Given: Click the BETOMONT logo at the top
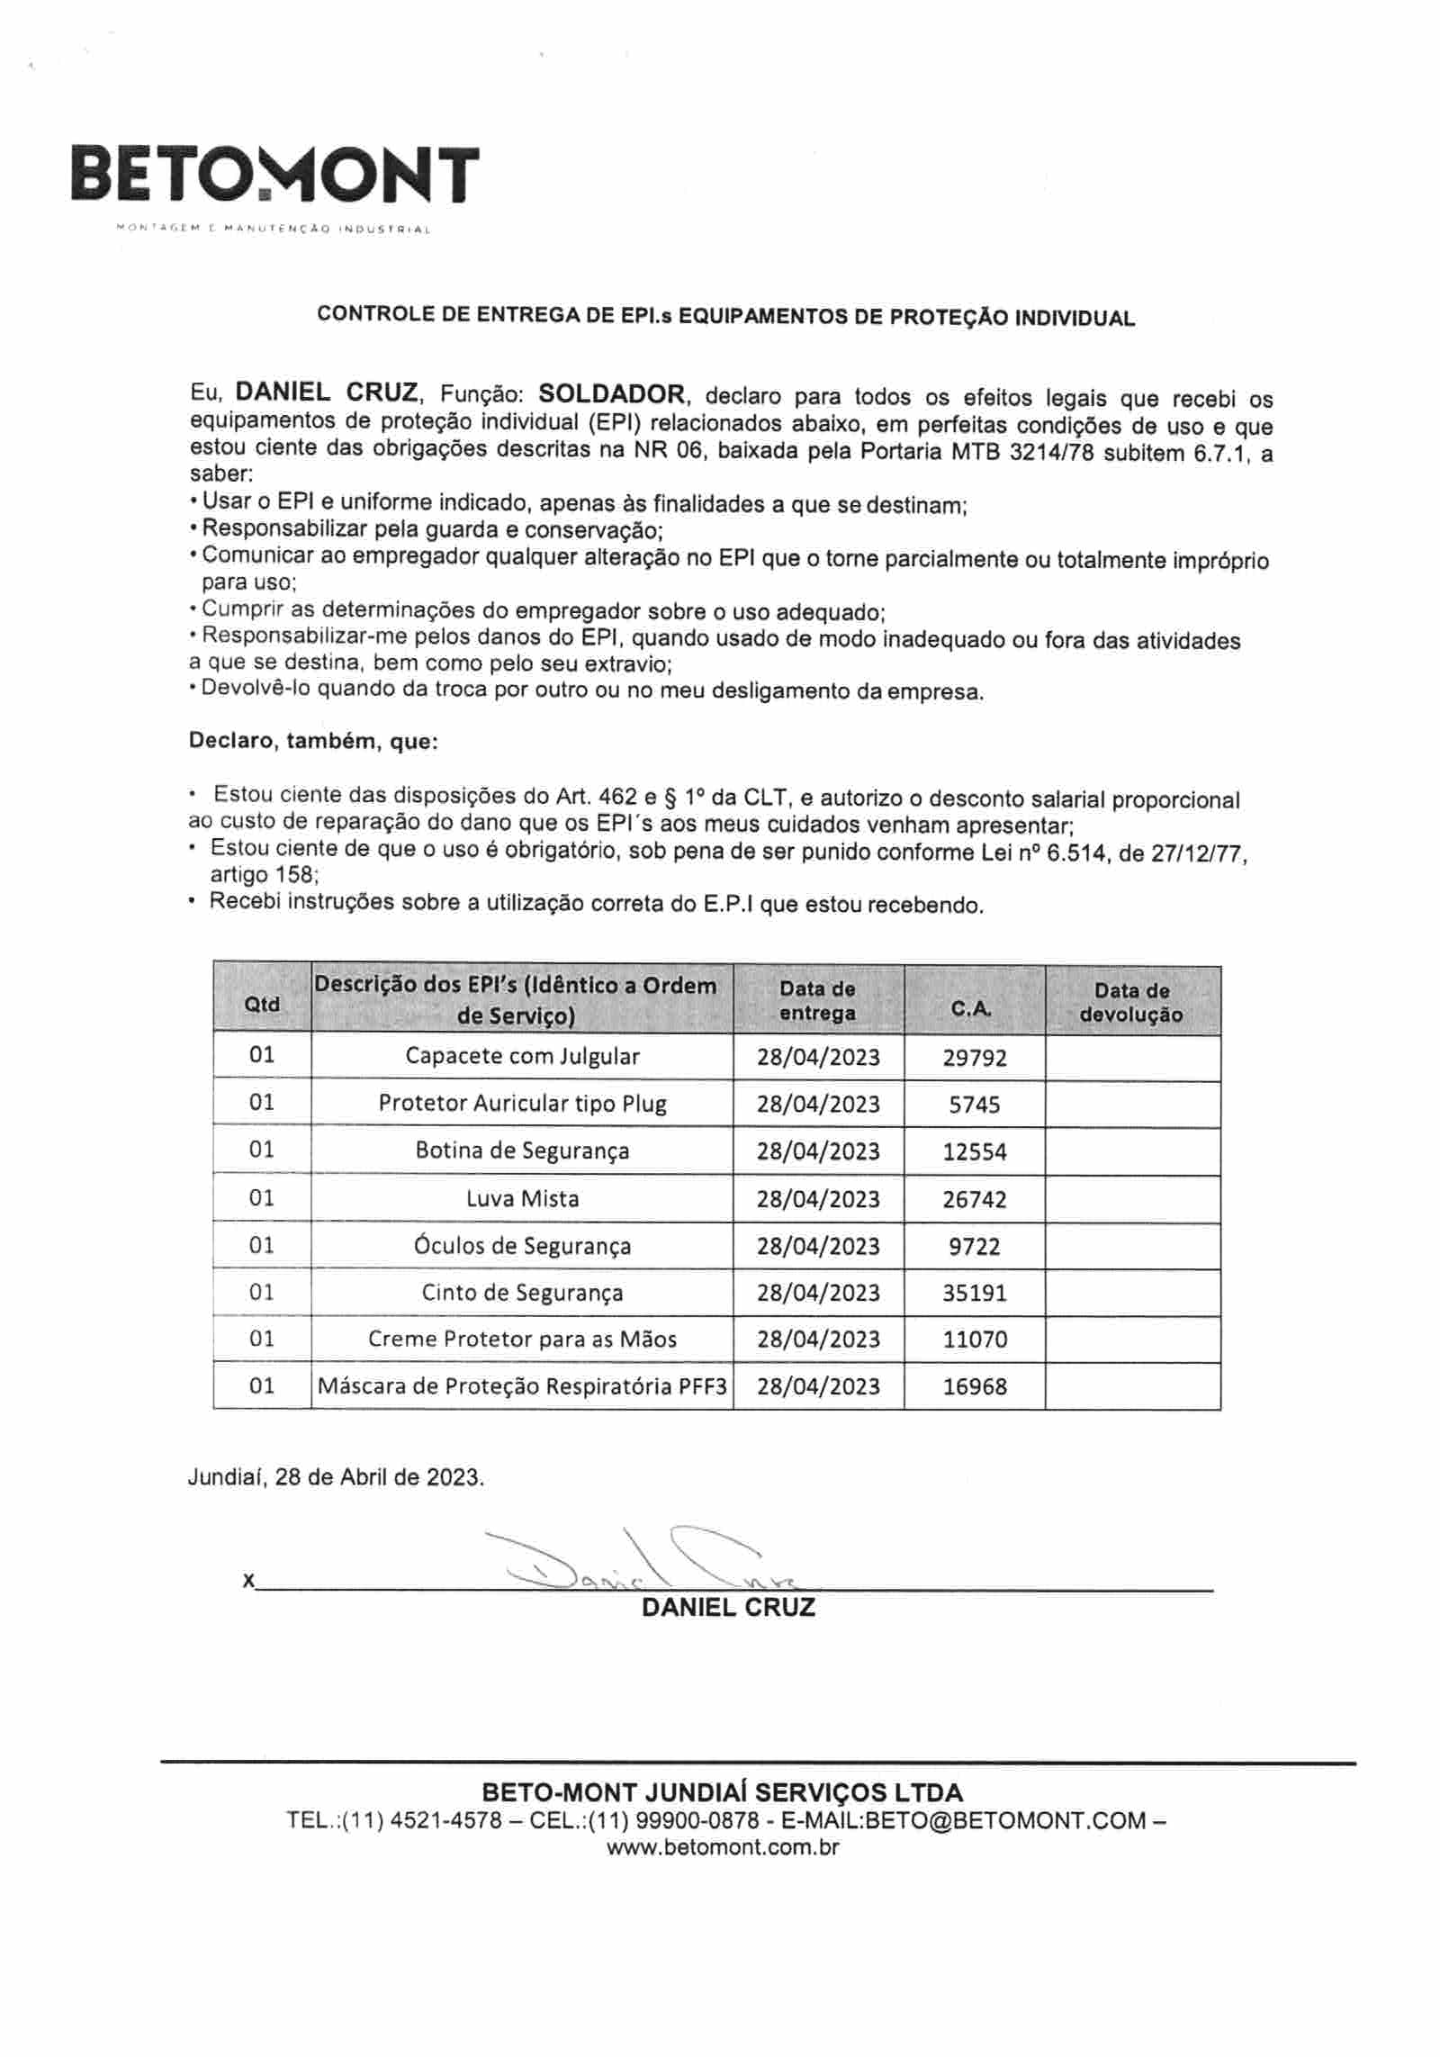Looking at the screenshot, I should pos(274,175).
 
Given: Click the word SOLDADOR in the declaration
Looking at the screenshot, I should pos(611,393).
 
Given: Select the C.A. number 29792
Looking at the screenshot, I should pos(974,1058).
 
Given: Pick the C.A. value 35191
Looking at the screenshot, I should pos(974,1294).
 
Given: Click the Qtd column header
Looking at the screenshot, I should pos(262,1004).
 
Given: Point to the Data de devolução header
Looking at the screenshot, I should pos(1131,1002).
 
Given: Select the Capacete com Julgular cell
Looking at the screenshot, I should pos(522,1056).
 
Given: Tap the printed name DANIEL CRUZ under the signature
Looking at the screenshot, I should pos(728,1609).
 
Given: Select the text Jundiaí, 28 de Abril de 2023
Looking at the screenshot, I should pos(336,1478).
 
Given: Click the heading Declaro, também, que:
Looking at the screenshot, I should pos(312,742).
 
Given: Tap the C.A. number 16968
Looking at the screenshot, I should pos(974,1387).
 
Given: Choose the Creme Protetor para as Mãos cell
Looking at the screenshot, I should pos(522,1340).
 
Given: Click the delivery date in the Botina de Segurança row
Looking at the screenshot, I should pos(817,1151).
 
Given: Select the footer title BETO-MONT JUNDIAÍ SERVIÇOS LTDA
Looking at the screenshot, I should pos(722,1792).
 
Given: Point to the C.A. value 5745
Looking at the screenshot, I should pos(974,1105).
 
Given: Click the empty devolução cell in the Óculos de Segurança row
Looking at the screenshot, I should pos(1132,1246).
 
